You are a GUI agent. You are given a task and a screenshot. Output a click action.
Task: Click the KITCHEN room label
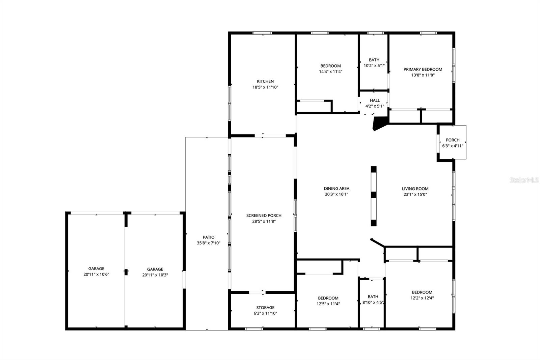click(x=265, y=81)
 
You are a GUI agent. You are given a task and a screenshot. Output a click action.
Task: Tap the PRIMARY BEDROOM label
click(x=423, y=70)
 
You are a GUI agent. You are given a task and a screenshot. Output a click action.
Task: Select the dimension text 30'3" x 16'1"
click(x=336, y=195)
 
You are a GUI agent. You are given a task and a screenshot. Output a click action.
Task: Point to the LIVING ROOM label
click(x=415, y=189)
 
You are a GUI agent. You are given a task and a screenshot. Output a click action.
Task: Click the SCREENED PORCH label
click(x=264, y=215)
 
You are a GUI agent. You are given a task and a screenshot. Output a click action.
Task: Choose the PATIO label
click(x=209, y=237)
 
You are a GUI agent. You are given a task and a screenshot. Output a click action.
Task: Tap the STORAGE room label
click(x=265, y=308)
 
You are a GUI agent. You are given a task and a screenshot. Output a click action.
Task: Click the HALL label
click(x=375, y=100)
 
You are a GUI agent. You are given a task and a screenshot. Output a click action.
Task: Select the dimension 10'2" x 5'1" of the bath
click(x=374, y=66)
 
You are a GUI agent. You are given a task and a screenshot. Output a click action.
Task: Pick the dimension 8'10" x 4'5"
click(x=373, y=303)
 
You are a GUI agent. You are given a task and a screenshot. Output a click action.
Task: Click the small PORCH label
click(x=453, y=140)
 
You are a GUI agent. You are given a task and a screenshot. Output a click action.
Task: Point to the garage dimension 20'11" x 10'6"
click(x=96, y=275)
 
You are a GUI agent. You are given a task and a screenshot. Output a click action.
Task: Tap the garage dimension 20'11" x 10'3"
click(x=155, y=275)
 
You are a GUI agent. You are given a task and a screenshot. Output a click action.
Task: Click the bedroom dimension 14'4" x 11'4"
click(x=330, y=72)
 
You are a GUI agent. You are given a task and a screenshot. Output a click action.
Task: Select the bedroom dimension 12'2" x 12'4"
click(x=422, y=298)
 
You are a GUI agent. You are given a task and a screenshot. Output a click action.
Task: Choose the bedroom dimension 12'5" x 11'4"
click(x=328, y=304)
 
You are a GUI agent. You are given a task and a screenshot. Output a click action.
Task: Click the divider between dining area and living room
click(x=374, y=196)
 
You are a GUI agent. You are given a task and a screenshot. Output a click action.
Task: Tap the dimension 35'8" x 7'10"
click(x=209, y=243)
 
